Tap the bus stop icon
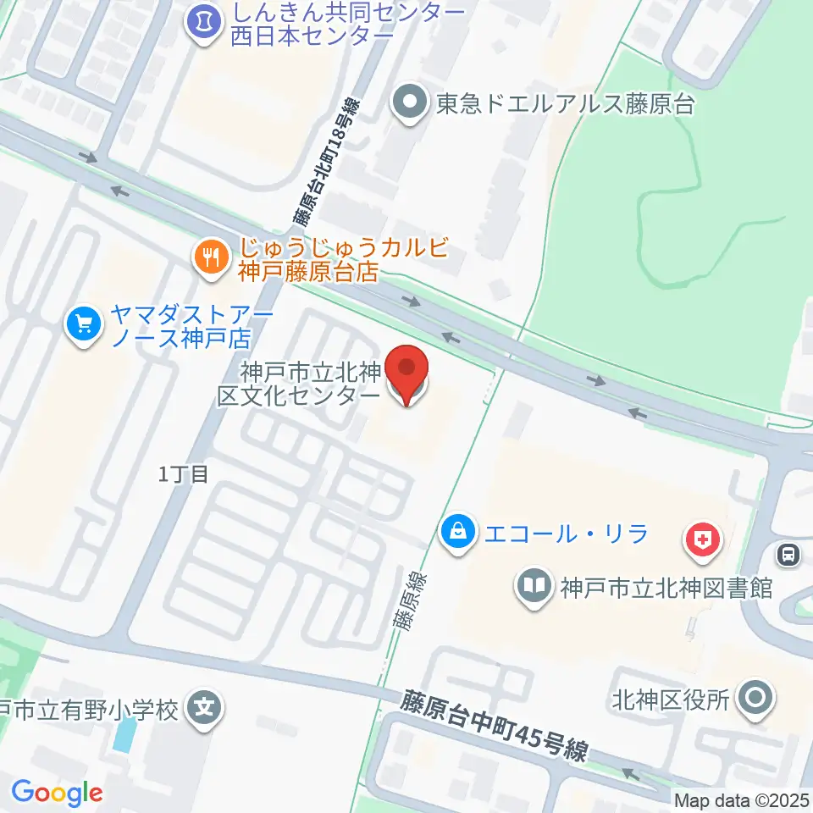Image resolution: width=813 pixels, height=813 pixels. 788,556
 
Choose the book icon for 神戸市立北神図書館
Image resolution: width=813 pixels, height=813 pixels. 534,586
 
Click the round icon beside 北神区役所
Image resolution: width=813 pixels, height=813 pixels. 754,699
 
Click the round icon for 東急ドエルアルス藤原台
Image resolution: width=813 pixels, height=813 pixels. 411,104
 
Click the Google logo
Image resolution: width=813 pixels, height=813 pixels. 57,793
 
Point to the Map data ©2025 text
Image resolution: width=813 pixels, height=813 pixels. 742,799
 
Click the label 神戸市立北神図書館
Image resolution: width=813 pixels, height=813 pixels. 666,586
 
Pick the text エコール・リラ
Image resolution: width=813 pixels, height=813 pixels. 566,534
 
